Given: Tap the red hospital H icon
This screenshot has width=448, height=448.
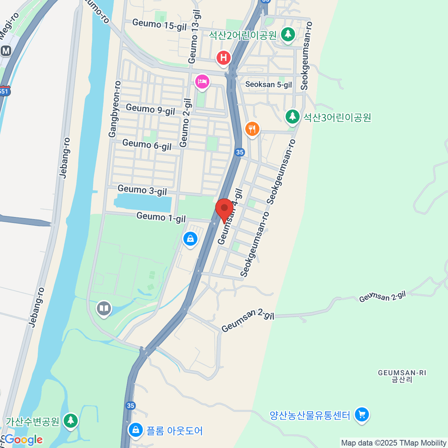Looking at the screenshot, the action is pyautogui.click(x=224, y=58).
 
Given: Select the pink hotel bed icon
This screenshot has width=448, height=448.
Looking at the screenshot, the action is pyautogui.click(x=202, y=81).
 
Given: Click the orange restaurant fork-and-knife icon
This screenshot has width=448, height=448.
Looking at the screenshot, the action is pyautogui.click(x=252, y=129).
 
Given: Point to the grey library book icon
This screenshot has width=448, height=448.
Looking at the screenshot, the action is pyautogui.click(x=104, y=309).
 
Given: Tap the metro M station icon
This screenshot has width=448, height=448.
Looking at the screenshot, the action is pyautogui.click(x=6, y=50).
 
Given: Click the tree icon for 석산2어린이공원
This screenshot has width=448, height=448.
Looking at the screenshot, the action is pyautogui.click(x=287, y=35).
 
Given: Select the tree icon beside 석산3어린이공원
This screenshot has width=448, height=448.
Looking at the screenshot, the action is pyautogui.click(x=292, y=116).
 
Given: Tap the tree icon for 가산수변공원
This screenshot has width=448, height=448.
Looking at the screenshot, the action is pyautogui.click(x=70, y=421).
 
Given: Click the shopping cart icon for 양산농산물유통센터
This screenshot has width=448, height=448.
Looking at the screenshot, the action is pyautogui.click(x=361, y=414).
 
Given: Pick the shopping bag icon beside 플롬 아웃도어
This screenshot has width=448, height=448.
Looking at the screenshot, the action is pyautogui.click(x=136, y=430).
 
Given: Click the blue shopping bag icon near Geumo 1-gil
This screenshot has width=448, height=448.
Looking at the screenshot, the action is pyautogui.click(x=190, y=239).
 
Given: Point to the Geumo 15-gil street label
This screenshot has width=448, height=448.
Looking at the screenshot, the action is pyautogui.click(x=159, y=25).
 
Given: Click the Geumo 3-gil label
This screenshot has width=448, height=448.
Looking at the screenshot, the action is pyautogui.click(x=142, y=190).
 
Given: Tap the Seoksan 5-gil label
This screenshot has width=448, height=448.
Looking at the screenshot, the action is pyautogui.click(x=268, y=85).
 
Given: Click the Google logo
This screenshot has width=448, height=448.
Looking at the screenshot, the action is pyautogui.click(x=24, y=439).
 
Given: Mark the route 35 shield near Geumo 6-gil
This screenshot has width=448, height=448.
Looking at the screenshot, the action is pyautogui.click(x=240, y=152).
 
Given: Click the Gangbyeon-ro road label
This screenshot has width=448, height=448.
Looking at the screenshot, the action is pyautogui.click(x=115, y=109).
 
